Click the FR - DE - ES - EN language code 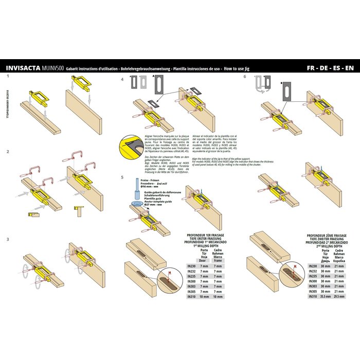329,67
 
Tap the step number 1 8,76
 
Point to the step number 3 8,240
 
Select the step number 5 122,177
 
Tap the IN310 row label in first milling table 191,297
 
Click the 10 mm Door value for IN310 204,297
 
